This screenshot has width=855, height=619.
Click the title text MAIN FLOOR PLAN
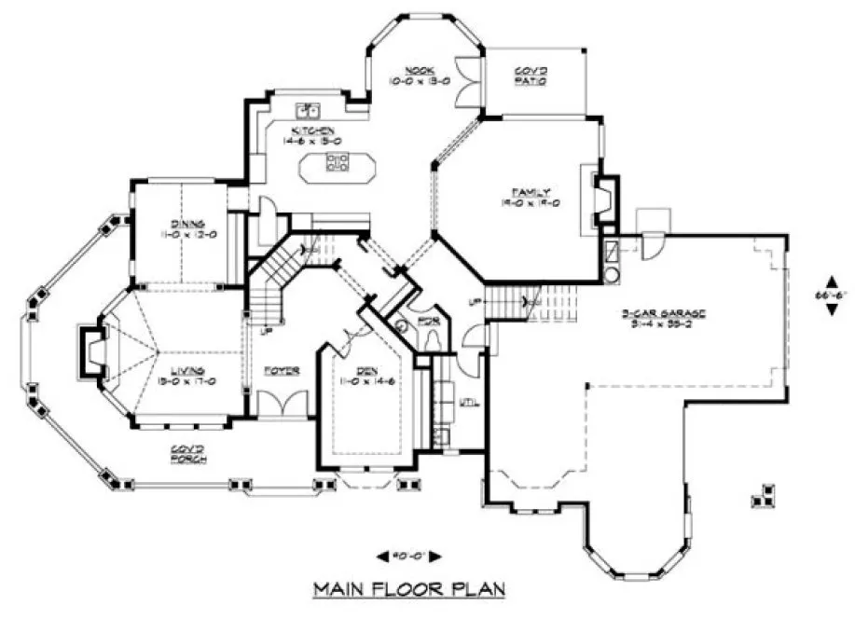coord(408,588)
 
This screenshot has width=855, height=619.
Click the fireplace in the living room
coord(91,351)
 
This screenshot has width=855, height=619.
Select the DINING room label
coord(181,227)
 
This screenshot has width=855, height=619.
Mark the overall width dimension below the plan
coord(407,557)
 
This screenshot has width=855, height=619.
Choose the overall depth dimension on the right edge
coord(831,296)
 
